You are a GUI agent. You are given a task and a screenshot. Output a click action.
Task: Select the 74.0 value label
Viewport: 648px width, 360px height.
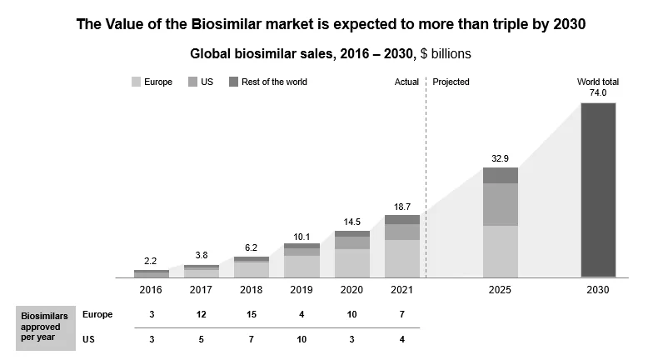point(598,93)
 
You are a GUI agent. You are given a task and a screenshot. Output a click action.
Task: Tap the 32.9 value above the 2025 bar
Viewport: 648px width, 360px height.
point(500,157)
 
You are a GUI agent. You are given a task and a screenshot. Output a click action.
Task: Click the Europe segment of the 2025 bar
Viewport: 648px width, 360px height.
point(500,251)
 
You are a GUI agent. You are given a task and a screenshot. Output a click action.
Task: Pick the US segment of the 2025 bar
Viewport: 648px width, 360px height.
point(500,204)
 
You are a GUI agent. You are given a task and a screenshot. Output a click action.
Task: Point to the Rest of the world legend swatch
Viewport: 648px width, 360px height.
point(234,82)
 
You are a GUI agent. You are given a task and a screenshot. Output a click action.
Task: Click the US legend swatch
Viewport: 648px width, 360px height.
point(192,82)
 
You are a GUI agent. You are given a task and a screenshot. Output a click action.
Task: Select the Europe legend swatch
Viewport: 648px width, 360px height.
point(137,82)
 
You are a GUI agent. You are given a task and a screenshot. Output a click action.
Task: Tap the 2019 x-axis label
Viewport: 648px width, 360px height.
point(301,290)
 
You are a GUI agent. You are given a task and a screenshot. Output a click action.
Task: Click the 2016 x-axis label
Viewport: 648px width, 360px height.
point(151,290)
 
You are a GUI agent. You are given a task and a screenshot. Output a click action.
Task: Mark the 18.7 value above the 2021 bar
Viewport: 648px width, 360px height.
point(401,206)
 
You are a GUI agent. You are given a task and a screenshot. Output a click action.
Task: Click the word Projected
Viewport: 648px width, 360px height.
point(451,82)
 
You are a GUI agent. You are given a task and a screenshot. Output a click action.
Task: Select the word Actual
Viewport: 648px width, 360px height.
point(406,82)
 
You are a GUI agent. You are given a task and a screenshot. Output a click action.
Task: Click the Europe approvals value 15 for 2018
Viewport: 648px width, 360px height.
point(251,314)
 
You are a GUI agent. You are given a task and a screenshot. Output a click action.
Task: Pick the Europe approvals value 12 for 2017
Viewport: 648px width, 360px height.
point(201,314)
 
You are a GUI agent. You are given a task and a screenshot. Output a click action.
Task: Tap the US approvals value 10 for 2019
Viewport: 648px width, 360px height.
point(301,339)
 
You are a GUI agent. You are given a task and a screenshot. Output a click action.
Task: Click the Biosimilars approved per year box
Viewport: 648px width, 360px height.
point(42,327)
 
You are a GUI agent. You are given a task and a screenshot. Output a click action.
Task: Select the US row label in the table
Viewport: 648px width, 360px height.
point(88,339)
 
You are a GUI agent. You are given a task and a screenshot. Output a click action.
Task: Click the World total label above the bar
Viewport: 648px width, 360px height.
point(598,82)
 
